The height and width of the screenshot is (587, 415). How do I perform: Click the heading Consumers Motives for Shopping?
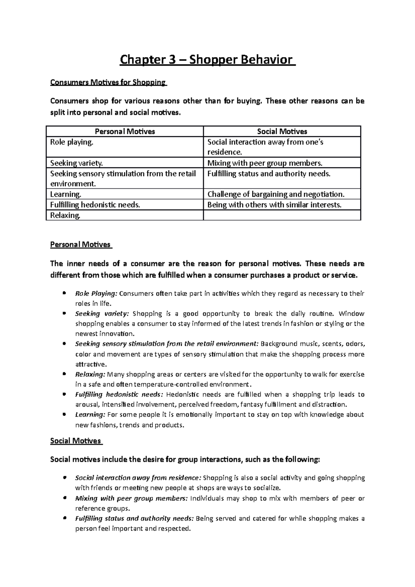point(108,82)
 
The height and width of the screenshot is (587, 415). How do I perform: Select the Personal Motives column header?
point(125,131)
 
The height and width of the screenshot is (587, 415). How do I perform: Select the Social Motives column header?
point(282,131)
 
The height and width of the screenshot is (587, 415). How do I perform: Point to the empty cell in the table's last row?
point(282,215)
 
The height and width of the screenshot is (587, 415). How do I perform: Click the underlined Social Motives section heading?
point(75,441)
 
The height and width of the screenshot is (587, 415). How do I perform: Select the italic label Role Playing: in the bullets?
point(96,294)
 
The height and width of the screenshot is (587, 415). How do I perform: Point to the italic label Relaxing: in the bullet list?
point(90,374)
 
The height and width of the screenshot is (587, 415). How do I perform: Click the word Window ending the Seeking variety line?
point(351,314)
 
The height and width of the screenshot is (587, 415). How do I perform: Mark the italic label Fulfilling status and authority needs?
point(135,519)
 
